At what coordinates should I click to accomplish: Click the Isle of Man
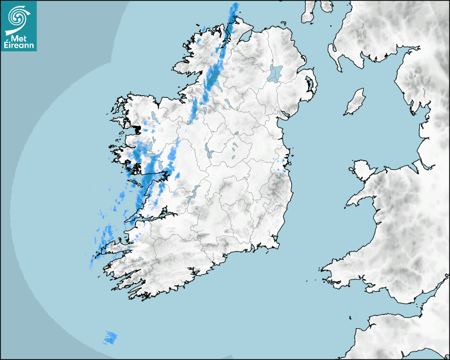pos(355,102)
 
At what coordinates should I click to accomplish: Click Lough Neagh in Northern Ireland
pos(275,73)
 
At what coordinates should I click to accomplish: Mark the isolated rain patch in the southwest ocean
pos(111,337)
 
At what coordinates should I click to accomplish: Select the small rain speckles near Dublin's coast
pos(284,165)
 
